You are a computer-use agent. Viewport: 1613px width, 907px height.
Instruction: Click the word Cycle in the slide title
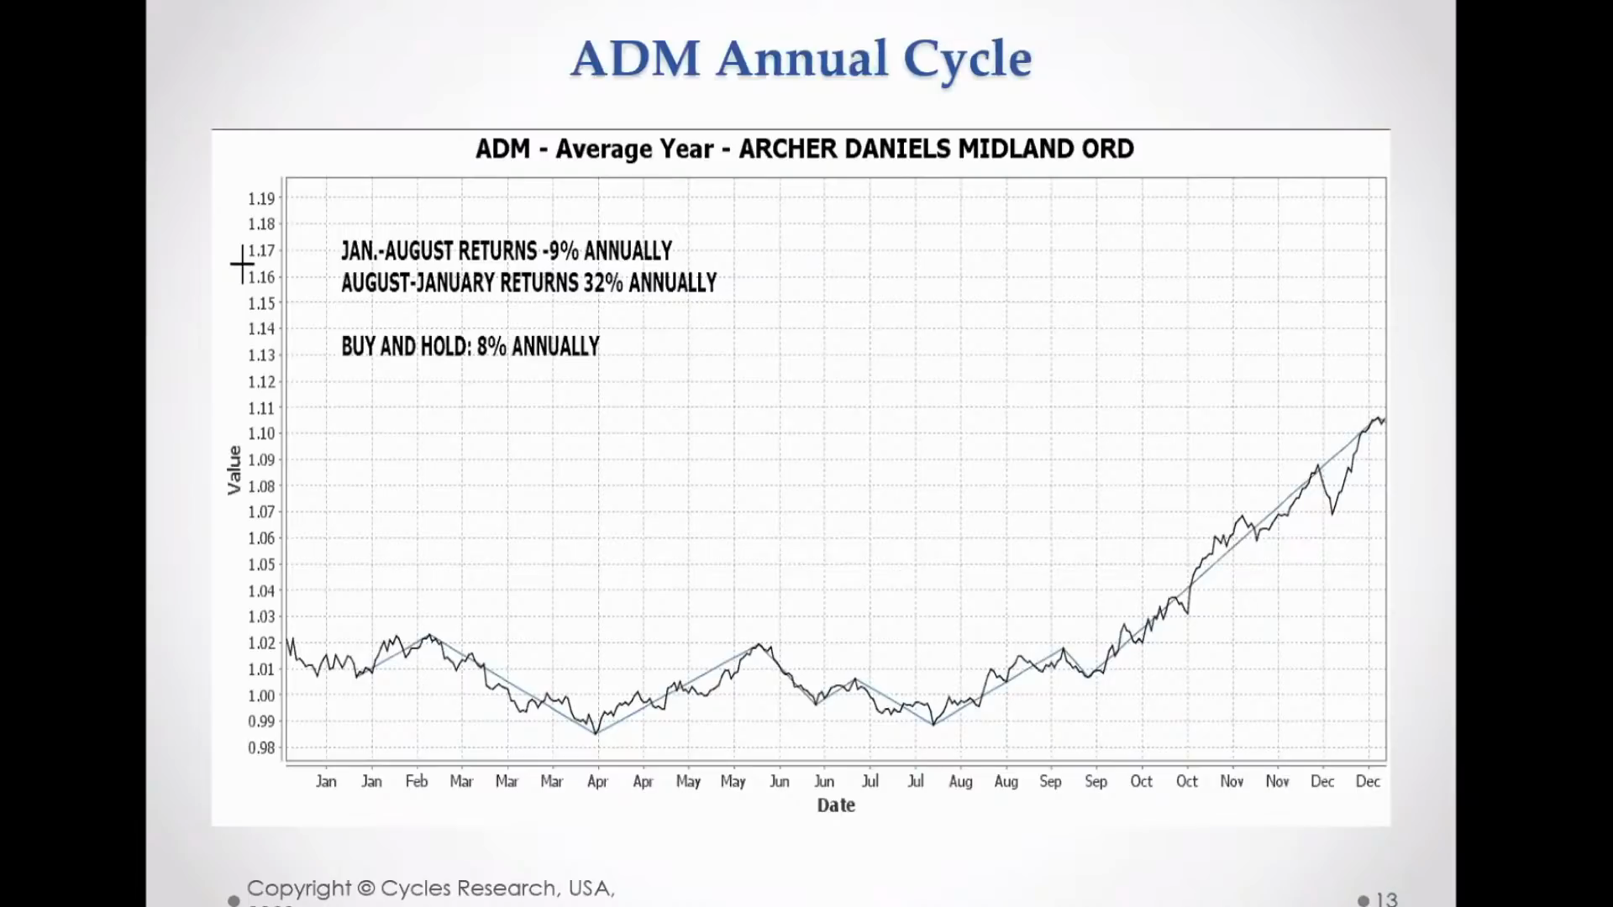coord(967,59)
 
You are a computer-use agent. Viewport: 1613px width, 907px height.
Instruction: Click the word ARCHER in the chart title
coord(786,149)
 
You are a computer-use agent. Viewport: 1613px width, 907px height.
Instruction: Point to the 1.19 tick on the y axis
coord(261,198)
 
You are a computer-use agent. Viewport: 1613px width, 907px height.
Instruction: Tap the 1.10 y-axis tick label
coord(261,433)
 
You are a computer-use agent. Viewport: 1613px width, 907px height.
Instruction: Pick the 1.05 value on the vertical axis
coord(261,564)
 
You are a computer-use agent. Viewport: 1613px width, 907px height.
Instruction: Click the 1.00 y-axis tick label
coord(261,695)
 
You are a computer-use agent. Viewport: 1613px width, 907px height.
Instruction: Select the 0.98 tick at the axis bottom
coord(261,747)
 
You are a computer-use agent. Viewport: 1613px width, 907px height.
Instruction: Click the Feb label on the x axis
coord(417,781)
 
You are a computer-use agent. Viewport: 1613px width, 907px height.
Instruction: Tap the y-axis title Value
coord(234,470)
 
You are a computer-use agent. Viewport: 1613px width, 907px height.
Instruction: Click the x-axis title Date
coord(836,805)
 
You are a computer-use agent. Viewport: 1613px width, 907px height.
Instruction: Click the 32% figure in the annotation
coord(603,283)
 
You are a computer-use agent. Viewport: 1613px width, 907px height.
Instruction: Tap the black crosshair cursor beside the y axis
coord(242,265)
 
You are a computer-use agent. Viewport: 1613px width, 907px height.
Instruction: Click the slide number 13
coord(1386,899)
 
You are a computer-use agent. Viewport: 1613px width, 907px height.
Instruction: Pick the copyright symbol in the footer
coord(365,889)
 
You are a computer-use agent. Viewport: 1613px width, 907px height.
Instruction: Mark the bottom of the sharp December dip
coord(1332,513)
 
